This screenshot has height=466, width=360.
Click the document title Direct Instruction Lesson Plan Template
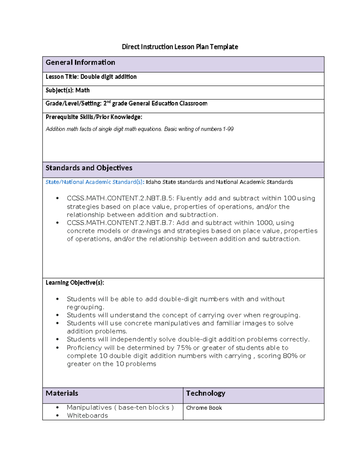point(180,47)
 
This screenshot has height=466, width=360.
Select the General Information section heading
point(80,62)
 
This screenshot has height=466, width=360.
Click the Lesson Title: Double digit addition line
point(91,77)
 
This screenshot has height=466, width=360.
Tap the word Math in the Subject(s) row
point(82,90)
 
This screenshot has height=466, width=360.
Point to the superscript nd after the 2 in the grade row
point(109,102)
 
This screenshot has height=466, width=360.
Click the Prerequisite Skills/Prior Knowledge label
point(94,117)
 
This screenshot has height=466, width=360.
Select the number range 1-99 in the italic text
point(228,129)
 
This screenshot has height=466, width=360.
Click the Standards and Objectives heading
point(89,168)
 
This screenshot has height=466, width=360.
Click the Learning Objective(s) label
point(75,283)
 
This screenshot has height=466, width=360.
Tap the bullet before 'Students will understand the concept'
point(57,315)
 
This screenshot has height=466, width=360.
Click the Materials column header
point(62,393)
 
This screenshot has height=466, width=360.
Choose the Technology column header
point(205,393)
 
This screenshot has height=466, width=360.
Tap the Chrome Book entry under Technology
point(204,408)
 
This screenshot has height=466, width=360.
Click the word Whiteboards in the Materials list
point(87,416)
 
